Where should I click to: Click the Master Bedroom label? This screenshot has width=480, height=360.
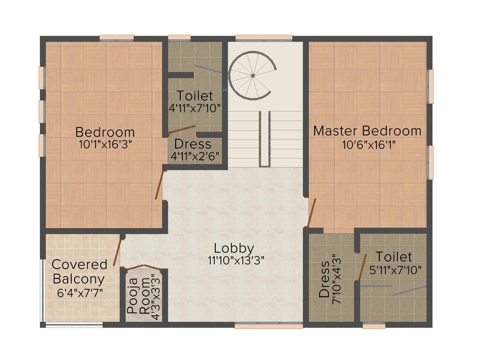pos(367,131)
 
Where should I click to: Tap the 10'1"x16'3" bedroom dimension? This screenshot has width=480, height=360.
pos(105,144)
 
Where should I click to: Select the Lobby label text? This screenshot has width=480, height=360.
pos(234,248)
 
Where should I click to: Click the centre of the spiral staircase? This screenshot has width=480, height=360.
pos(252,75)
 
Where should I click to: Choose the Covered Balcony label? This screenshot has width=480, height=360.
pos(79,271)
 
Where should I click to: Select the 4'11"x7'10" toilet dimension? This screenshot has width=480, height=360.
pos(195,107)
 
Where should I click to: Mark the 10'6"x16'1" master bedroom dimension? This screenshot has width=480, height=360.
pos(367,144)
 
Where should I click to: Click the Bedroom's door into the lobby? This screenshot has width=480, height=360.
pos(160,185)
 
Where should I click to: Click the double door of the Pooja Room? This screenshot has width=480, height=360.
pos(144,268)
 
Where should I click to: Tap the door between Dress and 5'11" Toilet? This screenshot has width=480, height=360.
pos(361,268)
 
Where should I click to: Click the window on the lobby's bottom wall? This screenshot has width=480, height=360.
pos(262,325)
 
